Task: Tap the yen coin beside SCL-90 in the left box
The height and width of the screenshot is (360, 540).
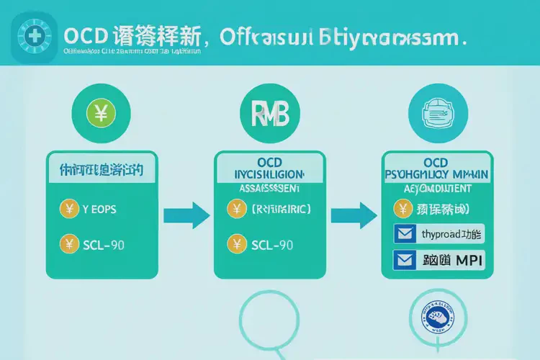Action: tap(68, 244)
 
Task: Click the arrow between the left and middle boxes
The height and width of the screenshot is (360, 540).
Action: tap(186, 214)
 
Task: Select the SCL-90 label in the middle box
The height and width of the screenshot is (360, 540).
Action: tap(272, 245)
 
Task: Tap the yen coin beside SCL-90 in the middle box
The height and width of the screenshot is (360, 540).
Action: tap(237, 245)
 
